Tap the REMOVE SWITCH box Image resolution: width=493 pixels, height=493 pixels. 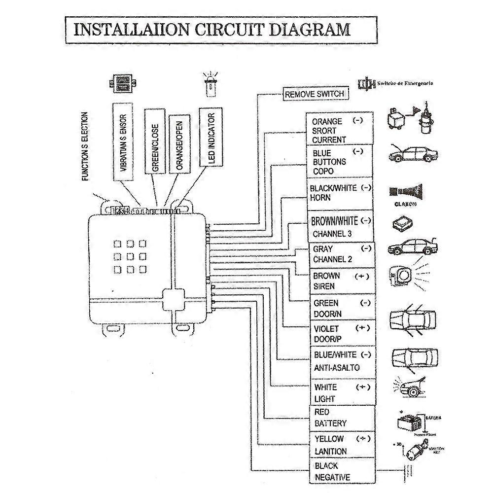[x=314, y=94]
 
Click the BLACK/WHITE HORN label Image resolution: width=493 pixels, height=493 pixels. [x=340, y=193]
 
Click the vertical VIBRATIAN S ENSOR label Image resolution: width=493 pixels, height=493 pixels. [x=123, y=143]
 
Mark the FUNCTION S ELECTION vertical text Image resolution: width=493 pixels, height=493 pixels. [x=85, y=146]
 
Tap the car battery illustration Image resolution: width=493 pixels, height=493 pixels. [x=410, y=423]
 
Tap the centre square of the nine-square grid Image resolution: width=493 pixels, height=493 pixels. [x=131, y=256]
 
